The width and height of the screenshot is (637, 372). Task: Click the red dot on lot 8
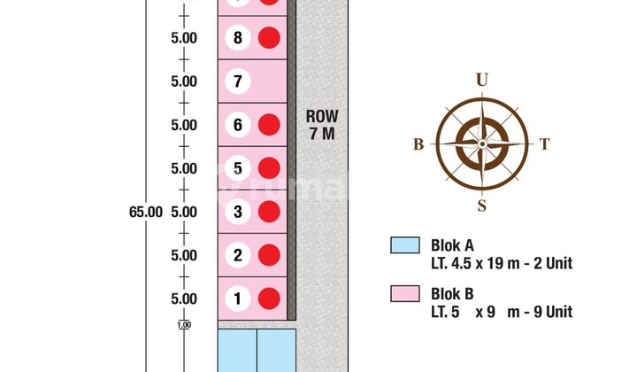(x=269, y=38)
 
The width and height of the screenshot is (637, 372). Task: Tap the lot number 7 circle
(x=238, y=81)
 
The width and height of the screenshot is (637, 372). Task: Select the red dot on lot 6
(x=269, y=125)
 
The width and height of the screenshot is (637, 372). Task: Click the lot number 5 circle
(x=238, y=168)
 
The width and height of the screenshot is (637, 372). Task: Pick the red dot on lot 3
(x=269, y=212)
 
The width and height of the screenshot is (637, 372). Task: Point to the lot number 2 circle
(x=238, y=255)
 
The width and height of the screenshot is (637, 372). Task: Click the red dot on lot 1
(x=269, y=298)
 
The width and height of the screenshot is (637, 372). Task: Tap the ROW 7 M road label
(x=322, y=125)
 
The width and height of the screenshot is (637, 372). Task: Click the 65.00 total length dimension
(x=146, y=212)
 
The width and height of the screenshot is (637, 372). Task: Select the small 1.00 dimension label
(x=184, y=325)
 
